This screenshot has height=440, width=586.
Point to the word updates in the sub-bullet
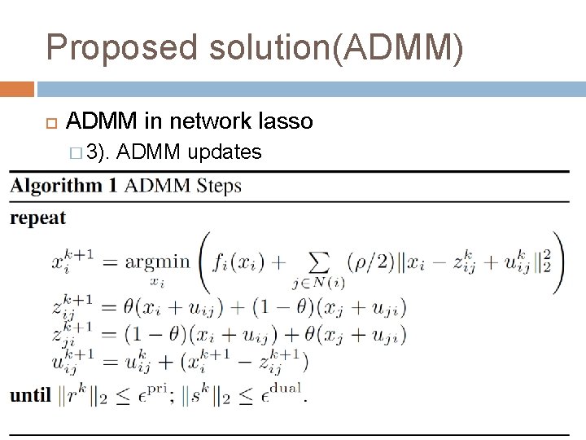point(225,152)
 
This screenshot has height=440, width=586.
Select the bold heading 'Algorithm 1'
point(63,186)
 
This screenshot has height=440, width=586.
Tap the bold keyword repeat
point(38,218)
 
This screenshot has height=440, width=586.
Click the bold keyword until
point(30,396)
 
